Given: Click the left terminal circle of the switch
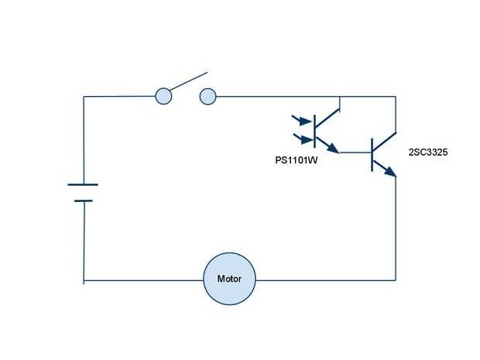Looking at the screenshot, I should point(163,96).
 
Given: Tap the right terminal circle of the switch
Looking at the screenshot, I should point(207,96).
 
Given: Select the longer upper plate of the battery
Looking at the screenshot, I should point(83,185).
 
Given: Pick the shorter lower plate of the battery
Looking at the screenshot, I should point(83,201).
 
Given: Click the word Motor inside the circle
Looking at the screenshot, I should point(229,279).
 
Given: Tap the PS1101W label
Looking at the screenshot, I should point(297,162).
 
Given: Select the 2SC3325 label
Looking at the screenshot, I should point(428,153).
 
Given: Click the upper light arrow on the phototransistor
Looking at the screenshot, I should point(303,121).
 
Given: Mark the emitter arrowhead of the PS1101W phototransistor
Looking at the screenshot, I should point(333,148).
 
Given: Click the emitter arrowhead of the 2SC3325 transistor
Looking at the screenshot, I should point(391,173).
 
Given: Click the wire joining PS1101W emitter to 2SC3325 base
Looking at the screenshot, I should point(356,153).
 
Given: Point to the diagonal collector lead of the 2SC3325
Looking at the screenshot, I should point(385,139).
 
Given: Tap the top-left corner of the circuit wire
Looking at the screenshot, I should point(84,97).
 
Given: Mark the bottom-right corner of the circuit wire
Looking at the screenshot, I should point(396,279).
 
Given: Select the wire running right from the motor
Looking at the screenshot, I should point(325,279).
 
